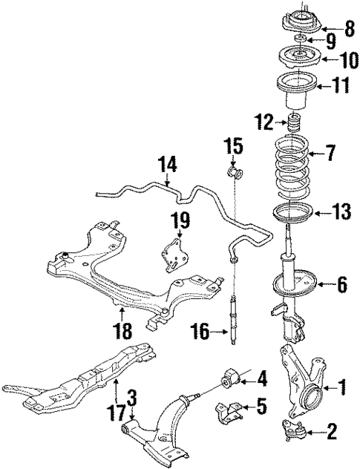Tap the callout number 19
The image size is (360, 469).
pyautogui.click(x=180, y=219)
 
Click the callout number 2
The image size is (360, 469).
pyautogui.click(x=330, y=428)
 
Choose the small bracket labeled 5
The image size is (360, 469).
pyautogui.click(x=228, y=409)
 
